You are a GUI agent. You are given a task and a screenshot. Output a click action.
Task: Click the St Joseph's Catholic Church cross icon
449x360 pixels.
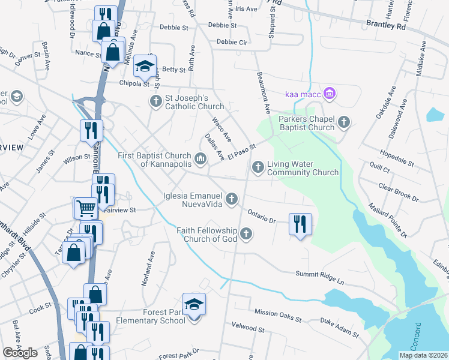coord(155,100)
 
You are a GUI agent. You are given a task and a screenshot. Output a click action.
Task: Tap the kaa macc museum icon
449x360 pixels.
coord(328,93)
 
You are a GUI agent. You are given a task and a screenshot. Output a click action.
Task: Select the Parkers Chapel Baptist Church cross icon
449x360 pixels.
coord(344,122)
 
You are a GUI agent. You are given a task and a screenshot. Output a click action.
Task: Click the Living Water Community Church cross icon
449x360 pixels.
coord(258,167)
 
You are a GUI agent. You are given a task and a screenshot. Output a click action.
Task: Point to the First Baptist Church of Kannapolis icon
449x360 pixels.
coord(200,159)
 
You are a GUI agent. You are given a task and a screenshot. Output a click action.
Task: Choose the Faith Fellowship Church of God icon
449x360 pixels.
coord(246,233)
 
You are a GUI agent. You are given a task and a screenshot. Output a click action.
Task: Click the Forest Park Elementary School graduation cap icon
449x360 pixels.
coord(194,305)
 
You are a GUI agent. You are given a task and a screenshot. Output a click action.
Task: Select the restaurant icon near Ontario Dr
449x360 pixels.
coord(298,224)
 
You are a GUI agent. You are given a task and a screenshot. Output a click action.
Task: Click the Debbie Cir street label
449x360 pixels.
coord(232,42)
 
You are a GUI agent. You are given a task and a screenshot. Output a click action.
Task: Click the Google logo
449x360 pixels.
coord(20,353)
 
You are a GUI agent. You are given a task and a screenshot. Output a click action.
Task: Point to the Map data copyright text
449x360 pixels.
coord(423,355)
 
